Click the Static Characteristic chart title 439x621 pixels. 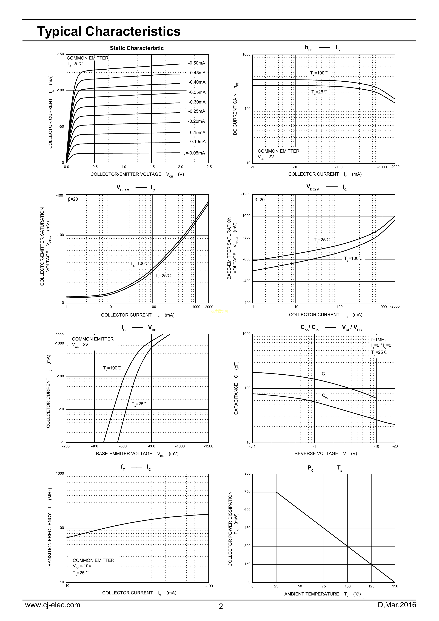[x=137, y=48]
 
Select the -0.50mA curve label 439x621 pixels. [x=197, y=63]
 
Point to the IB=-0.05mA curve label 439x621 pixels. [x=194, y=153]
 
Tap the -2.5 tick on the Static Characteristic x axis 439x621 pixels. [x=209, y=167]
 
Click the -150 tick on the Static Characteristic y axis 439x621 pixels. [x=60, y=54]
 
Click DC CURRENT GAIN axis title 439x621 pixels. [x=235, y=114]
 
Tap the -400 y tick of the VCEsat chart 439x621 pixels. [x=59, y=196]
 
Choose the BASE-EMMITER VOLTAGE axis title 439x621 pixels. [x=124, y=454]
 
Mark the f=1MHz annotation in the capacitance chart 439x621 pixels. [x=379, y=340]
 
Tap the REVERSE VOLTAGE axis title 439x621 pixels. [x=316, y=453]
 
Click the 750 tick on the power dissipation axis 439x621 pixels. [x=247, y=492]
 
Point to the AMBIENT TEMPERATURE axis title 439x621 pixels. [x=312, y=594]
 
